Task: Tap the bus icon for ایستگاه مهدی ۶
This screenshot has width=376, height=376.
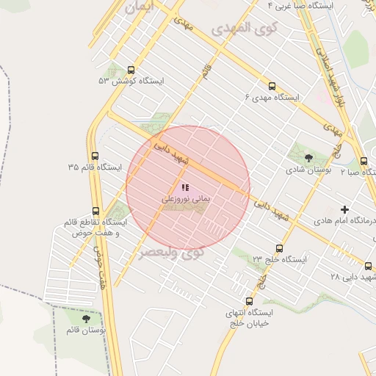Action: tap(272, 85)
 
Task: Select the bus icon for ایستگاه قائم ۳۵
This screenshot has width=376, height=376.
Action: tap(95, 156)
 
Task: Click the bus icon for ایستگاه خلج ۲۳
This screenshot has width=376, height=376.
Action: tap(279, 248)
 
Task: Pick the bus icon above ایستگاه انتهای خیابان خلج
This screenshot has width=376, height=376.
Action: tap(249, 301)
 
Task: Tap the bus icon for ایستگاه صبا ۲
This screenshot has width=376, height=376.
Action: tap(365, 161)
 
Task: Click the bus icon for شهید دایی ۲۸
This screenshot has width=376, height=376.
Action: tap(369, 266)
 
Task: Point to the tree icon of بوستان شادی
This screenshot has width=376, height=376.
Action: tap(308, 156)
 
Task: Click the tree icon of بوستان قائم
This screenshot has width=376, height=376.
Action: tap(87, 319)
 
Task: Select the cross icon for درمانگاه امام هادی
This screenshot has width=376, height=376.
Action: tap(344, 209)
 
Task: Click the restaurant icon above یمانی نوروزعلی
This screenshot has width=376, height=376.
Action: tap(185, 188)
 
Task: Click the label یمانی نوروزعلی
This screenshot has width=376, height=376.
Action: tap(186, 199)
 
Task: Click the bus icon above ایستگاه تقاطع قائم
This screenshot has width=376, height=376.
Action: tap(95, 210)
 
